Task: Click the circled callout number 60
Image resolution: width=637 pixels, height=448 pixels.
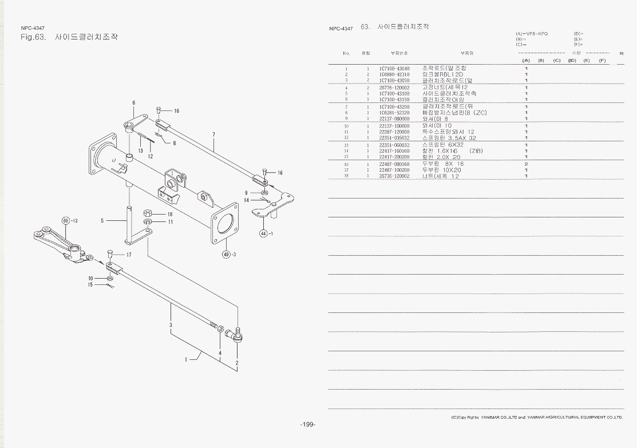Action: click(65, 220)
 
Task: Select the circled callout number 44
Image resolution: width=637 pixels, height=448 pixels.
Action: click(263, 233)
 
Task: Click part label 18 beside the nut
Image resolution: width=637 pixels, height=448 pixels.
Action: click(170, 215)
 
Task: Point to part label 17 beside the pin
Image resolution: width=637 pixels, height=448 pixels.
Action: click(102, 220)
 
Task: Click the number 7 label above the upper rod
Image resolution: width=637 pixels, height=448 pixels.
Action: click(213, 135)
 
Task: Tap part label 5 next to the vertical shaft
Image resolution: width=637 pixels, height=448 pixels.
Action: click(102, 220)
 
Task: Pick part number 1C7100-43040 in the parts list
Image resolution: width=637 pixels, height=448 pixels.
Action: click(394, 69)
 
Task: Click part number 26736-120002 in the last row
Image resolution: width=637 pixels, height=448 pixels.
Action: click(394, 176)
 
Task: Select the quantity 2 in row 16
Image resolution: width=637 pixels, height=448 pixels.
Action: click(526, 164)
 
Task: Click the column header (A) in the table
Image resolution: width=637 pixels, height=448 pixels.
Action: click(526, 60)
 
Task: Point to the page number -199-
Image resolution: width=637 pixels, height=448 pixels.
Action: click(307, 424)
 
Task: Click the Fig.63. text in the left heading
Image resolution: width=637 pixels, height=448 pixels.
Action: click(33, 38)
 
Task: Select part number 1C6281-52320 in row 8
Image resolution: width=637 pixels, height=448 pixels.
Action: click(394, 113)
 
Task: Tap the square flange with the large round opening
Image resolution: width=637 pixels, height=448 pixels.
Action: click(225, 221)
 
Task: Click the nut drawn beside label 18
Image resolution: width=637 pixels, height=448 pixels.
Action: click(147, 213)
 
